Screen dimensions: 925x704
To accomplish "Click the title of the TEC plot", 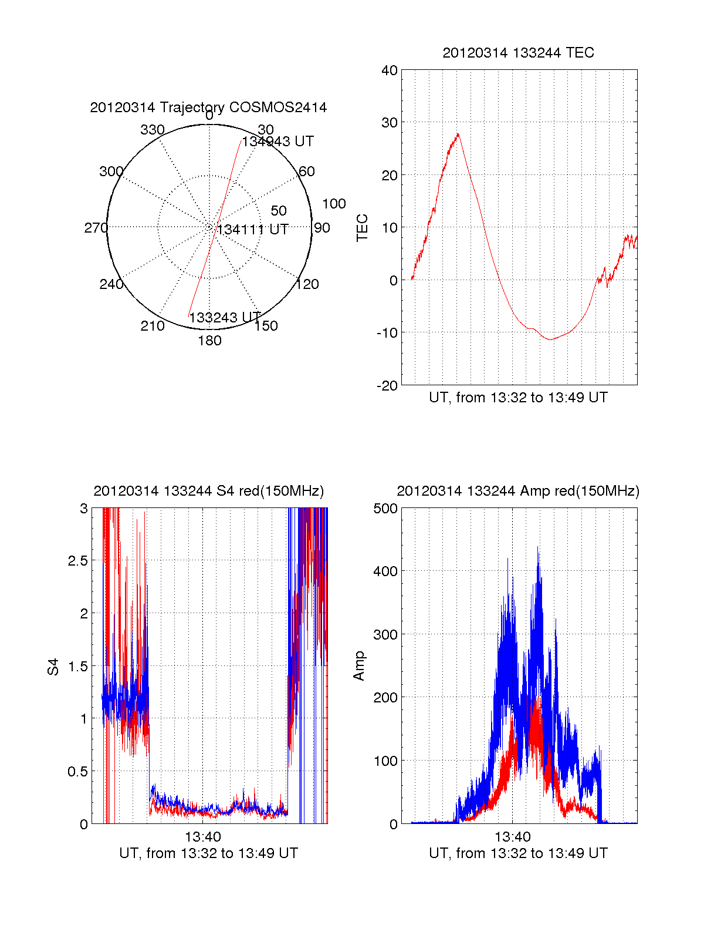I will click(x=518, y=53).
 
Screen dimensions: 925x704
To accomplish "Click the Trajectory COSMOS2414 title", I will click(x=208, y=107).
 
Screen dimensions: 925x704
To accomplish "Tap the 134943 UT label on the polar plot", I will click(x=278, y=142).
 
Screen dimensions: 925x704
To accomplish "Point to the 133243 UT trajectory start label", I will click(x=225, y=317).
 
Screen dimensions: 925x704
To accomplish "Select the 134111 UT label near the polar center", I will click(x=253, y=230).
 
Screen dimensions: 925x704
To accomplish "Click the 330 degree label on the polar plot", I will click(x=152, y=130).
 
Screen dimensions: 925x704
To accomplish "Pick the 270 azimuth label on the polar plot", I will click(x=96, y=228).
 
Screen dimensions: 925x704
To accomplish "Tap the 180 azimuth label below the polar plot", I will click(x=209, y=341).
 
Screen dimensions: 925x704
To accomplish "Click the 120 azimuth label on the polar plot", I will click(x=307, y=284).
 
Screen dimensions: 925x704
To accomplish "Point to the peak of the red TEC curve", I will click(x=458, y=134).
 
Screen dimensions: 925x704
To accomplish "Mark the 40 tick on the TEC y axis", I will click(x=390, y=70).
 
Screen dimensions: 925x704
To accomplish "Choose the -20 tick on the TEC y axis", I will click(x=388, y=385).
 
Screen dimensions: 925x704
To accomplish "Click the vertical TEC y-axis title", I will click(x=363, y=228).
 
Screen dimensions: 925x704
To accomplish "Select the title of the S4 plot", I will click(x=208, y=491).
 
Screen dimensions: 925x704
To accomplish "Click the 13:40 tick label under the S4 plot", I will click(x=203, y=836).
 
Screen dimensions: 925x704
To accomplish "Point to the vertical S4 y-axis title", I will click(x=53, y=667).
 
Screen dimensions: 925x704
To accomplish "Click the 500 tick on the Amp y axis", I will click(x=385, y=508).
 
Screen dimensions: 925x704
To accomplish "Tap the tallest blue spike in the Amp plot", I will click(x=538, y=547).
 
